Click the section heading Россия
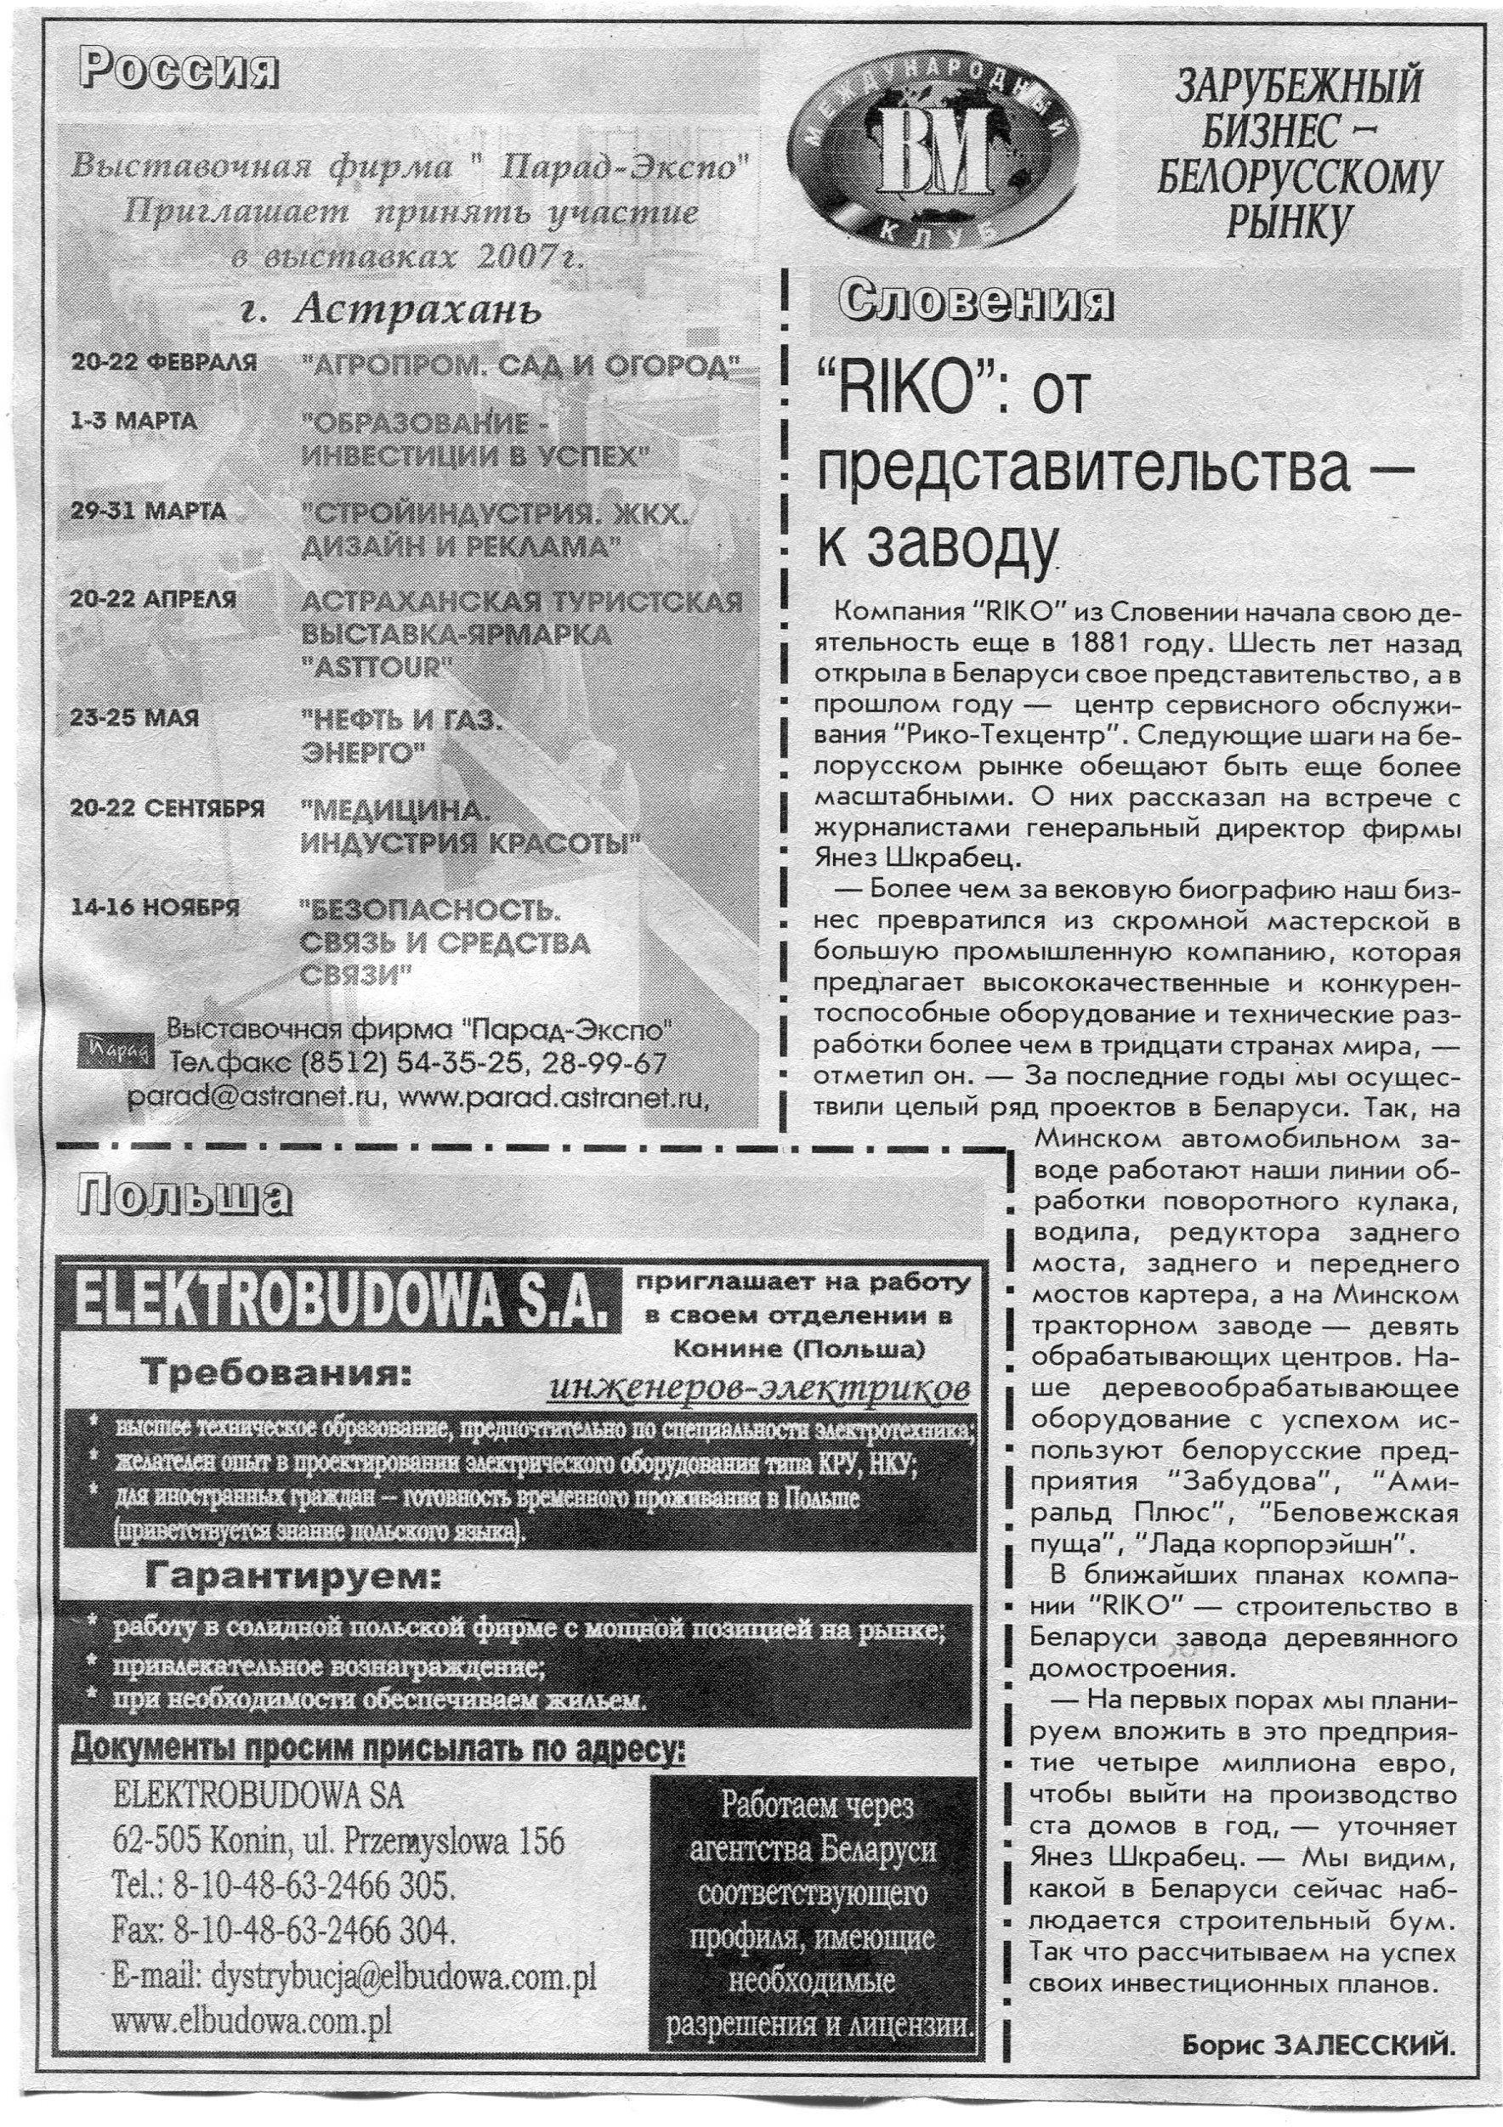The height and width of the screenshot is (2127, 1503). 179,71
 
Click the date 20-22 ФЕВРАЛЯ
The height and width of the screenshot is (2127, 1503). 164,362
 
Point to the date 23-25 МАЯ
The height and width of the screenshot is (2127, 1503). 135,718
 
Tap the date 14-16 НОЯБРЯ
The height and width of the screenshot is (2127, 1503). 155,906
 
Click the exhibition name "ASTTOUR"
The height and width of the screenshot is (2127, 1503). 375,667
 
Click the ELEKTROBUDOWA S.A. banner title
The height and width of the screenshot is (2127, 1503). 338,1298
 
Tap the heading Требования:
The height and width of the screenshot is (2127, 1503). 275,1374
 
